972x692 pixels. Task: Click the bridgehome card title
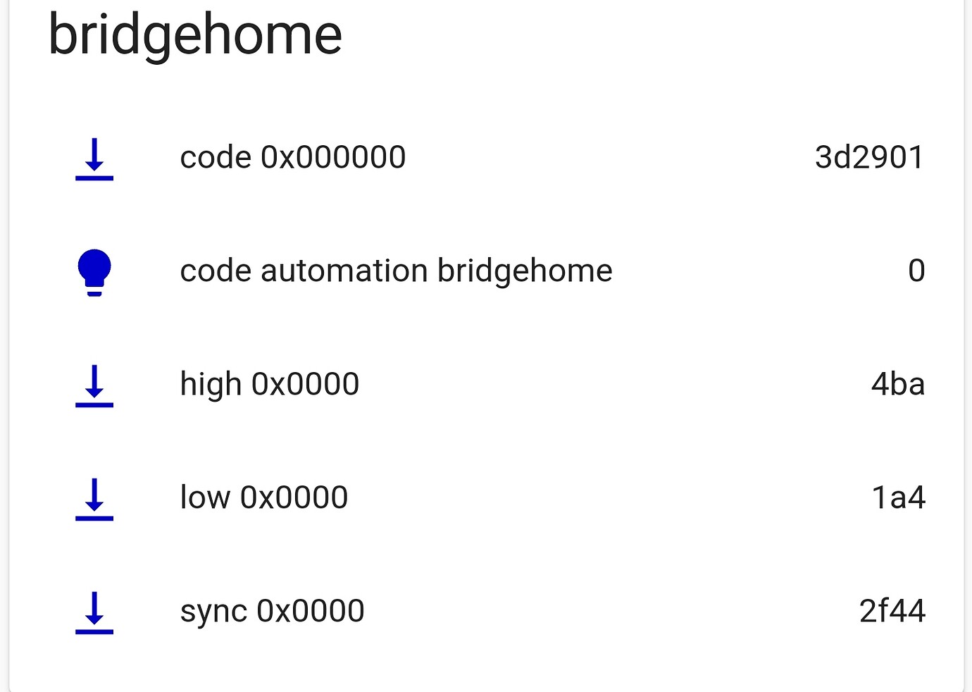pyautogui.click(x=195, y=35)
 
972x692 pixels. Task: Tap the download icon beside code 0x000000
pyautogui.click(x=94, y=159)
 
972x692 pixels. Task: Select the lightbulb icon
pyautogui.click(x=94, y=272)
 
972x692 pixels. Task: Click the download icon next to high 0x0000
pyautogui.click(x=94, y=385)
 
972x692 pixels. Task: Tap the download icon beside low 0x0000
pyautogui.click(x=94, y=499)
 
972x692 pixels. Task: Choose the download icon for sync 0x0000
pyautogui.click(x=94, y=612)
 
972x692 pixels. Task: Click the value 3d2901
pyautogui.click(x=869, y=157)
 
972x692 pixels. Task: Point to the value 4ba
pyautogui.click(x=897, y=384)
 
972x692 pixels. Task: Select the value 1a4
pyautogui.click(x=898, y=498)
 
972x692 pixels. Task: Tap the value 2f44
pyautogui.click(x=892, y=611)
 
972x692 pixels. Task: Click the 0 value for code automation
pyautogui.click(x=916, y=271)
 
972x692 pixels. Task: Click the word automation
pyautogui.click(x=344, y=271)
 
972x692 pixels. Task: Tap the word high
pyautogui.click(x=211, y=385)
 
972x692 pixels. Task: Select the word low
pyautogui.click(x=205, y=498)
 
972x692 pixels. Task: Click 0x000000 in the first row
pyautogui.click(x=333, y=157)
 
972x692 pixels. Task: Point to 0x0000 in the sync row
pyautogui.click(x=311, y=611)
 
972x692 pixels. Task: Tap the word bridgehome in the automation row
pyautogui.click(x=525, y=271)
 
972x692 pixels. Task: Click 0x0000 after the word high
pyautogui.click(x=306, y=384)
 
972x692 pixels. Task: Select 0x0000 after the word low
pyautogui.click(x=294, y=498)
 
